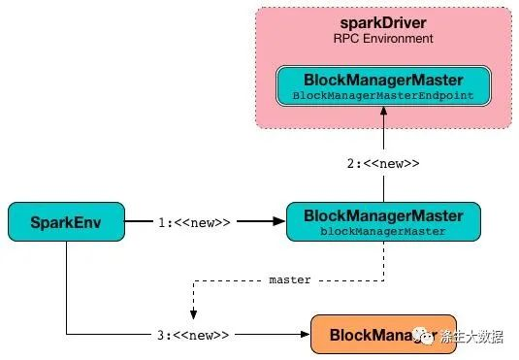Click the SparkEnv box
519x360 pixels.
click(x=67, y=221)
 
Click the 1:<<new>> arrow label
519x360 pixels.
click(x=194, y=222)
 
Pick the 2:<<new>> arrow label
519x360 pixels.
click(x=383, y=164)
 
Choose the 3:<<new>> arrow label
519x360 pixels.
click(x=194, y=336)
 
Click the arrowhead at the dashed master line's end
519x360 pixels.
click(x=195, y=312)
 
